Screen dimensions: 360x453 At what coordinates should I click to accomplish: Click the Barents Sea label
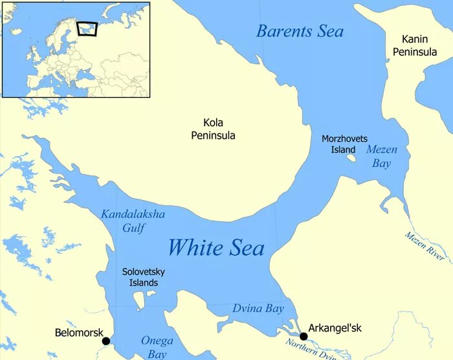300,30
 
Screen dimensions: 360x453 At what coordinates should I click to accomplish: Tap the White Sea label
216,247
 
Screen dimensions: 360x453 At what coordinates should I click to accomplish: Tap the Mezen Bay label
382,156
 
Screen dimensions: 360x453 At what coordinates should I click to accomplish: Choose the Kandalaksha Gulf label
133,220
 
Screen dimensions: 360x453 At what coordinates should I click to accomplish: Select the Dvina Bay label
258,309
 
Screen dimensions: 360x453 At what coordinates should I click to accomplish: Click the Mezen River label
425,246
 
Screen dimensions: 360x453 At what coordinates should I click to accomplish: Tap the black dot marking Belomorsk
106,341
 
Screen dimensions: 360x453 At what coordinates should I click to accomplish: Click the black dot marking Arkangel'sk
304,336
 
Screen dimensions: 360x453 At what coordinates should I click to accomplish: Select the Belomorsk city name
80,333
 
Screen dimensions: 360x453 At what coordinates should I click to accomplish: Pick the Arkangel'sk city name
335,328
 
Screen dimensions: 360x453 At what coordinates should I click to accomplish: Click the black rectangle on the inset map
86,29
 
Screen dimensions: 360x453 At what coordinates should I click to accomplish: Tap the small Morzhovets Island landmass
351,157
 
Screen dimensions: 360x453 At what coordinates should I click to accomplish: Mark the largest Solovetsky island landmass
138,300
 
